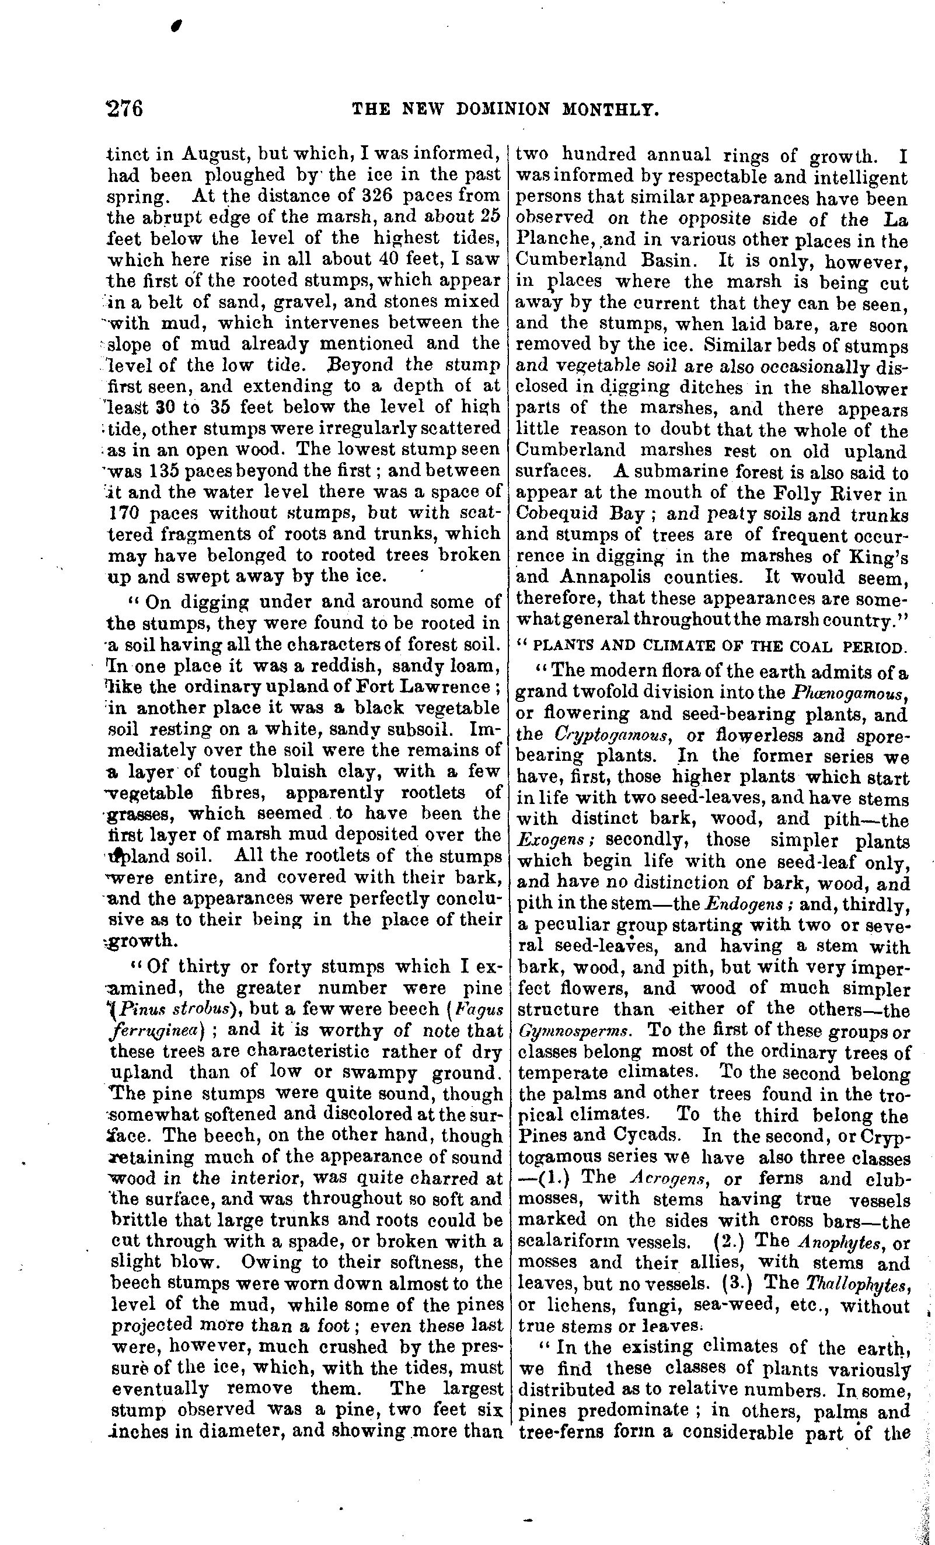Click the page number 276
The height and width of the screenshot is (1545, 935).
click(x=125, y=109)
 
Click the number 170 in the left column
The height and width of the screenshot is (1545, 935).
click(x=128, y=512)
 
